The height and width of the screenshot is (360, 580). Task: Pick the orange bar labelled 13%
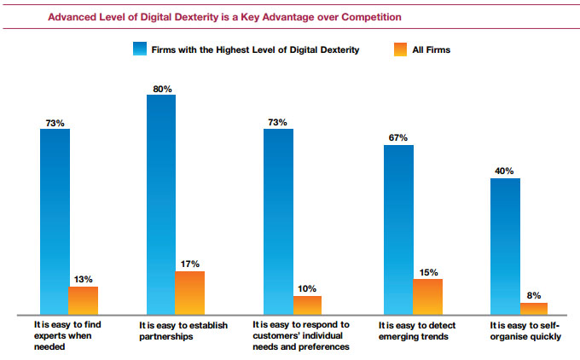tap(83, 300)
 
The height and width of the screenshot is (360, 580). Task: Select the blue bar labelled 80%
tap(161, 205)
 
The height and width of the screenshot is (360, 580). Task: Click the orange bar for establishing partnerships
tap(190, 293)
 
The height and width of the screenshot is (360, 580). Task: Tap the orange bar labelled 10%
tap(307, 305)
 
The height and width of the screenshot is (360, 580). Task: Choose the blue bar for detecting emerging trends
tap(398, 229)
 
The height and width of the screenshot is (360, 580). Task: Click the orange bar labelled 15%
tap(428, 297)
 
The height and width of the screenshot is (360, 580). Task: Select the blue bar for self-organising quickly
tap(505, 246)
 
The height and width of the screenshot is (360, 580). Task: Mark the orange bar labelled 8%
tap(534, 309)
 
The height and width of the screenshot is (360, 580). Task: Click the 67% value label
tap(398, 137)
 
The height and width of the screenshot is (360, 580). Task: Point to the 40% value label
tap(506, 171)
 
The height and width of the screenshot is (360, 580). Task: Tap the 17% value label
tap(190, 264)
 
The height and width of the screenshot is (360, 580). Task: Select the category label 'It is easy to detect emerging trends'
tap(415, 330)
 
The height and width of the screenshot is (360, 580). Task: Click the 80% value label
tap(162, 87)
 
